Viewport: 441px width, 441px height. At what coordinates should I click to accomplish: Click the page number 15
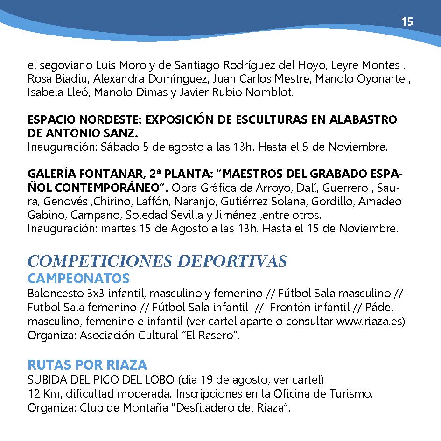tap(407, 22)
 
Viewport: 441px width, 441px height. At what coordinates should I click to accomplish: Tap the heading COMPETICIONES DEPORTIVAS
tap(157, 261)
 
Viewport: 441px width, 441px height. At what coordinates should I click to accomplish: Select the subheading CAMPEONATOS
tap(78, 279)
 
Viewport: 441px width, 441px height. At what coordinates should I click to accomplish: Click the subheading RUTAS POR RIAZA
tap(87, 364)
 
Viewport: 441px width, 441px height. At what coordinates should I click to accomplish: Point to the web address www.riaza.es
tap(370, 322)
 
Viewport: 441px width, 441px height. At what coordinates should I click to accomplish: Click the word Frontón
tap(288, 308)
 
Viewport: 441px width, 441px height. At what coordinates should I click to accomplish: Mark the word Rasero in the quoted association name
tap(216, 336)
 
